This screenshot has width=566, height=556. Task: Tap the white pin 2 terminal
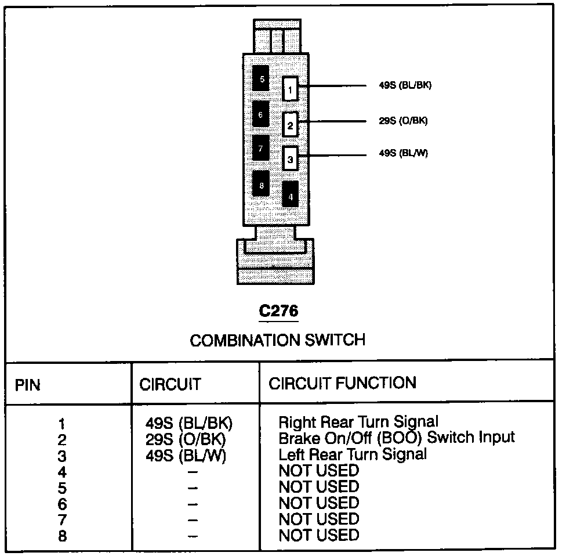click(291, 124)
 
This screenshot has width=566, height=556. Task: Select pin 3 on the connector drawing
click(291, 157)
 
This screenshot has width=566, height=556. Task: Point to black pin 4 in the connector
click(290, 195)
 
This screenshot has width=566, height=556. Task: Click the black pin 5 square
click(262, 78)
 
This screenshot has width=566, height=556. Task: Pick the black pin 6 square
click(261, 114)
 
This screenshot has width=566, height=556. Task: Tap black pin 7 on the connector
click(261, 149)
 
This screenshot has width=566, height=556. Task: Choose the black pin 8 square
click(262, 185)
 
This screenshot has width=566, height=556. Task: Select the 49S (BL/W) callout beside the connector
click(403, 154)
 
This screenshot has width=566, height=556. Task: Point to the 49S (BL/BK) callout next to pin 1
click(405, 85)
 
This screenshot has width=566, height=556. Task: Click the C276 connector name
click(278, 311)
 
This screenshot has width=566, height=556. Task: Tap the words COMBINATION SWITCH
click(278, 340)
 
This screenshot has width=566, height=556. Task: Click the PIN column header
click(28, 384)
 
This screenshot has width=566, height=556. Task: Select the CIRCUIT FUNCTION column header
click(342, 383)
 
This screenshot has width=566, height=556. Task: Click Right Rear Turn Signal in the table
click(358, 421)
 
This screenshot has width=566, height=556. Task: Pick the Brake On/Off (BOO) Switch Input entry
click(397, 437)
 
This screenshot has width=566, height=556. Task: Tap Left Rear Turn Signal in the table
click(353, 454)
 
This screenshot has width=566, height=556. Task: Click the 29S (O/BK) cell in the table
click(186, 438)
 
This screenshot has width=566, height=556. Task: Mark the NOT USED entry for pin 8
click(319, 535)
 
